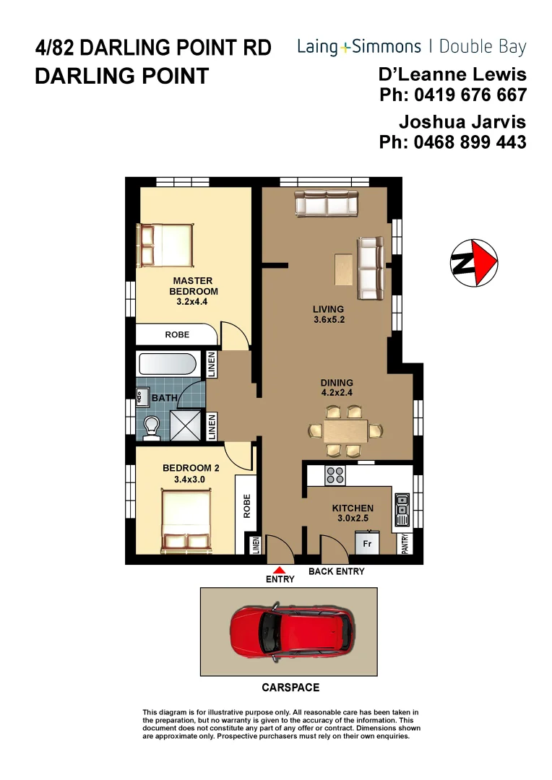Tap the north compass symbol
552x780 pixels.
click(x=473, y=261)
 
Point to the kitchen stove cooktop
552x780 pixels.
click(x=335, y=475)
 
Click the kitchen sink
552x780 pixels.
click(x=402, y=509)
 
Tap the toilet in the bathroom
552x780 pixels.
click(x=152, y=427)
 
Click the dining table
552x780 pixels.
click(x=345, y=431)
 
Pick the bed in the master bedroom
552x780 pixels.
click(x=167, y=246)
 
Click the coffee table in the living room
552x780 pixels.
click(x=343, y=269)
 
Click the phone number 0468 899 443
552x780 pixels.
click(x=452, y=142)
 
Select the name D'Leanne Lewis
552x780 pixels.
click(x=452, y=74)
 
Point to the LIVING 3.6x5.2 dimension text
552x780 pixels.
click(x=328, y=314)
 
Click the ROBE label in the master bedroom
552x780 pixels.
click(x=177, y=335)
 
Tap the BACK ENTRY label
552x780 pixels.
click(x=337, y=571)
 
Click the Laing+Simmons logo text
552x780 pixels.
click(x=359, y=48)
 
